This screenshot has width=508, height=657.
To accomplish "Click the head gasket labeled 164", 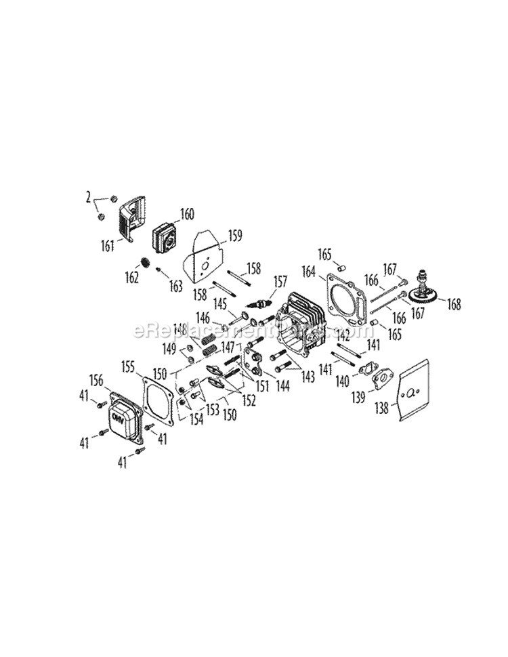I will pos(349,298).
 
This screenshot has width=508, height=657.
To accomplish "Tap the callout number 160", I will pos(186,215).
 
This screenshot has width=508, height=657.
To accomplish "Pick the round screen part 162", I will pos(145,263).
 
